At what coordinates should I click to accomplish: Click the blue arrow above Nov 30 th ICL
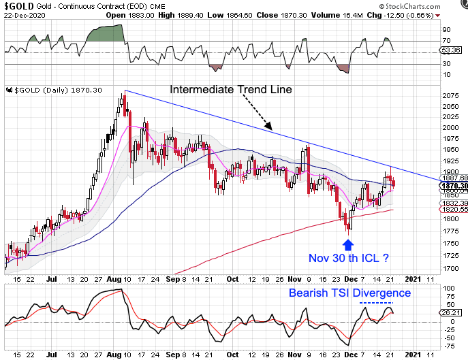(x=351, y=242)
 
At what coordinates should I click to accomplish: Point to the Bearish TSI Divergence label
(x=350, y=293)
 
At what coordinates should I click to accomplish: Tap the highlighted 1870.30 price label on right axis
(x=453, y=186)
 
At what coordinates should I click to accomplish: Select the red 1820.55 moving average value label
(x=453, y=210)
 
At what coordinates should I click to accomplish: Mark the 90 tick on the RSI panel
(x=448, y=31)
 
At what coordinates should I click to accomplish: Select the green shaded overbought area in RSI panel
(x=106, y=33)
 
